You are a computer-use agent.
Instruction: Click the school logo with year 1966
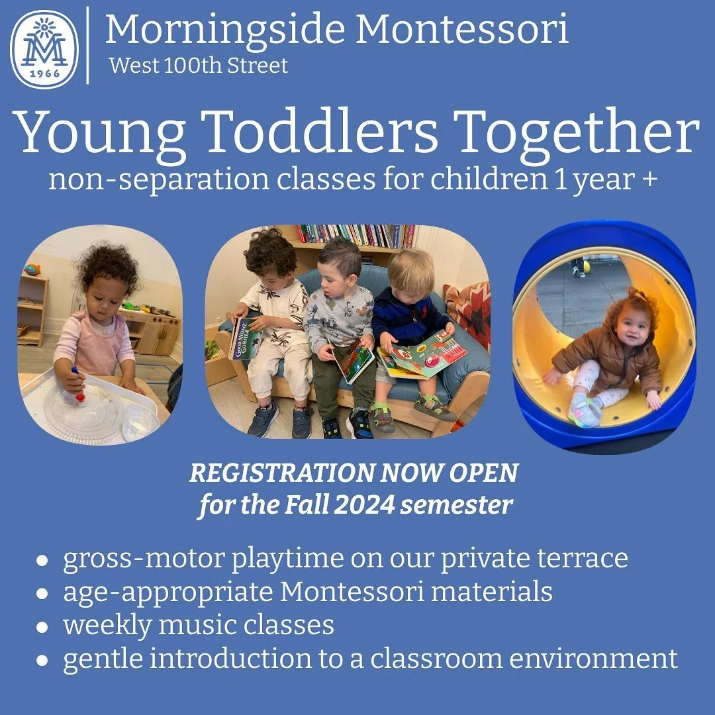(44, 48)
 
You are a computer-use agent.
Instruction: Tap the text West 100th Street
(199, 66)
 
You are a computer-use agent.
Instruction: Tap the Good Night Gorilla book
(242, 338)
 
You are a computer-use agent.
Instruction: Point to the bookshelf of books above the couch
(357, 235)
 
